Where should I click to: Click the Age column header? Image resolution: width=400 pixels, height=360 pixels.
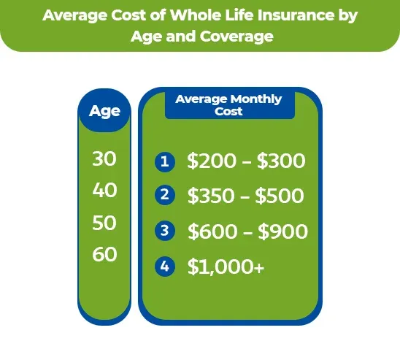click(104, 112)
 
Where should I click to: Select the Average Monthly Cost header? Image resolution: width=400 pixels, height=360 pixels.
click(228, 105)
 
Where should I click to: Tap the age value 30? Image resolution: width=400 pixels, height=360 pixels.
click(104, 159)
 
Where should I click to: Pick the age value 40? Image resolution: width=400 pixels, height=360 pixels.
click(104, 191)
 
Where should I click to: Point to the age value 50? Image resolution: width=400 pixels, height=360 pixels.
click(104, 223)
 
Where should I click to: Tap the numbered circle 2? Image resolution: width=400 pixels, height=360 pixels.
click(165, 196)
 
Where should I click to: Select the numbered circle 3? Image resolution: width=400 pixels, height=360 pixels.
click(165, 231)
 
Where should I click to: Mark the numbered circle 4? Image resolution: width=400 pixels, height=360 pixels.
click(165, 267)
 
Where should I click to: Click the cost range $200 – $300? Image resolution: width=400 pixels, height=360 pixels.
click(246, 161)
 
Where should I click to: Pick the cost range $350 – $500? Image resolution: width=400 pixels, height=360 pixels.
click(246, 196)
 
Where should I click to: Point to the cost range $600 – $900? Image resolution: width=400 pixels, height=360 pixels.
click(247, 231)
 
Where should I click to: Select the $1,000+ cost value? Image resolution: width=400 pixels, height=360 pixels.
click(226, 267)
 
